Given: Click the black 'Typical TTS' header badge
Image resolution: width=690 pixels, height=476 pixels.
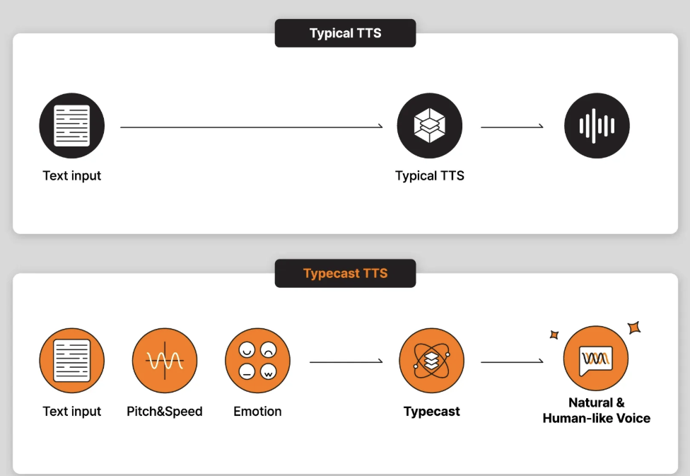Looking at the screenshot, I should pyautogui.click(x=345, y=33).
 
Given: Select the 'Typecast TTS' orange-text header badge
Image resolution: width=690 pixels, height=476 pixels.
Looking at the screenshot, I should pyautogui.click(x=345, y=273).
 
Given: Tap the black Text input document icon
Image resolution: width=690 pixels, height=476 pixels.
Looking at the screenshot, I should pyautogui.click(x=71, y=126).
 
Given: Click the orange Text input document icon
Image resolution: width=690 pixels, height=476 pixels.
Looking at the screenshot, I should pyautogui.click(x=71, y=361).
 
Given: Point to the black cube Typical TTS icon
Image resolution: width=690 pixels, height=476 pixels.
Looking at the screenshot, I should pyautogui.click(x=429, y=126).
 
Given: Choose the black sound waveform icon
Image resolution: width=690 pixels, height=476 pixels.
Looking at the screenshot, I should pyautogui.click(x=597, y=126).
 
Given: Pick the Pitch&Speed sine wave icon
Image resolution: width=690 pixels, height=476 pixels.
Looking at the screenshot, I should pyautogui.click(x=165, y=361).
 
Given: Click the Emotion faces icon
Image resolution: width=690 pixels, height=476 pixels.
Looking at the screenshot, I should pyautogui.click(x=257, y=361).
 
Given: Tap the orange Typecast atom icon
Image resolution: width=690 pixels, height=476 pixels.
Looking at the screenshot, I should pyautogui.click(x=431, y=361).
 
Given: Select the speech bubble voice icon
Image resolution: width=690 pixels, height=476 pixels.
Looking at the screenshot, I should pyautogui.click(x=596, y=361).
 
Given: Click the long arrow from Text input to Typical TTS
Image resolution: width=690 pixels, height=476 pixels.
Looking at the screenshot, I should pyautogui.click(x=251, y=127).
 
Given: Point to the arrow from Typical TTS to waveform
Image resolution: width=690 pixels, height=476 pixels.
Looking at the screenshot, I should pyautogui.click(x=512, y=127).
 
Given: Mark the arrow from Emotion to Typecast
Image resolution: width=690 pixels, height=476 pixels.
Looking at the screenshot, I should pyautogui.click(x=346, y=362).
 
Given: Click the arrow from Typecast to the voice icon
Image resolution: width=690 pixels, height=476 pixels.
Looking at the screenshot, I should pyautogui.click(x=512, y=362).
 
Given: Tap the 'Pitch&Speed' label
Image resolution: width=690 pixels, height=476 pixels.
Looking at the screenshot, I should pyautogui.click(x=165, y=411).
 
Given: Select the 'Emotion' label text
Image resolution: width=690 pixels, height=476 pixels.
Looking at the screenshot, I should pyautogui.click(x=257, y=411).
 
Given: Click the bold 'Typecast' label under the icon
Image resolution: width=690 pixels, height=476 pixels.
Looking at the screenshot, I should pyautogui.click(x=431, y=411).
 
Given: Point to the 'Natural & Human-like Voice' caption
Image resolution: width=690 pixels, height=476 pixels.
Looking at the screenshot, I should pyautogui.click(x=596, y=410).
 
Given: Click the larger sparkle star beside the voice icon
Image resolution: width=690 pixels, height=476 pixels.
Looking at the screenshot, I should pyautogui.click(x=634, y=327).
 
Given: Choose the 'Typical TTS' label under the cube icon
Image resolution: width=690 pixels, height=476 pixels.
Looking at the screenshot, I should pyautogui.click(x=429, y=175).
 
